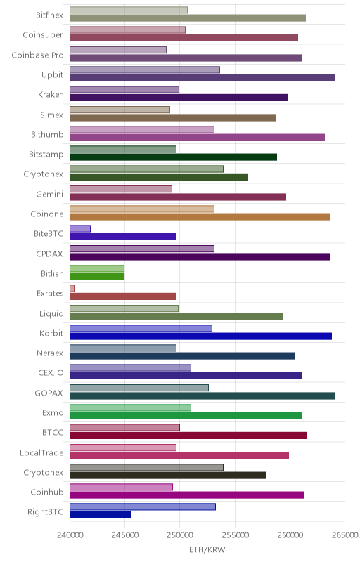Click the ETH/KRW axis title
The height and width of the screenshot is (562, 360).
click(207, 549)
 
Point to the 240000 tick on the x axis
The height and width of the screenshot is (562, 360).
click(70, 535)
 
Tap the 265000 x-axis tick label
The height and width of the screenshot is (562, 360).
click(345, 535)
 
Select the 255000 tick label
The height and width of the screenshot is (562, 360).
click(236, 535)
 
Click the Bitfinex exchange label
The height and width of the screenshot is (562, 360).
click(49, 15)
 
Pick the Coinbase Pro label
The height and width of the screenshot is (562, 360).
click(38, 55)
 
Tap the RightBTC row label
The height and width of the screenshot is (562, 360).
click(46, 512)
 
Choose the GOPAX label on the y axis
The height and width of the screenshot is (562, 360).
click(49, 393)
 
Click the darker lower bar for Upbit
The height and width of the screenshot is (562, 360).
click(202, 78)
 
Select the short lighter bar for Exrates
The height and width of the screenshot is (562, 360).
click(72, 288)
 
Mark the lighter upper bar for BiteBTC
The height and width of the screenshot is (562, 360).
click(80, 229)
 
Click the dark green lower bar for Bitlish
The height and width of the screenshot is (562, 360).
click(97, 276)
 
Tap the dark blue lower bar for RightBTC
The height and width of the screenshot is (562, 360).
click(101, 515)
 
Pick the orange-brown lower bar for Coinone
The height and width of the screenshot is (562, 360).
click(200, 217)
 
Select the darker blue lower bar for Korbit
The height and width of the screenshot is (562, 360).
click(201, 336)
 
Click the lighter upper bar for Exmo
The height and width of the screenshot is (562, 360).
click(131, 407)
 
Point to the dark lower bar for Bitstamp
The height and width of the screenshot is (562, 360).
click(174, 157)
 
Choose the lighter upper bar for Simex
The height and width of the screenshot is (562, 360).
click(120, 110)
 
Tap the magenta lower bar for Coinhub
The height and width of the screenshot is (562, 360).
click(187, 495)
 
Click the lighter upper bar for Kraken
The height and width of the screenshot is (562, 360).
click(124, 90)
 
